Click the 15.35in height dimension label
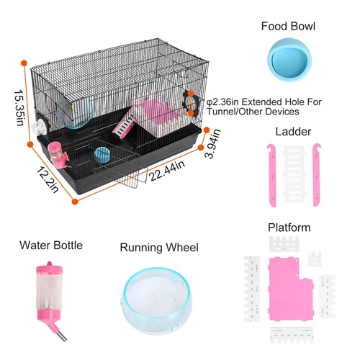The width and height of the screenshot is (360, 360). coord(19,108)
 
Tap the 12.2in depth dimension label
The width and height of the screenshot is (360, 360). coord(48,180)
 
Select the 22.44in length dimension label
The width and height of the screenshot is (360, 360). coord(167,171)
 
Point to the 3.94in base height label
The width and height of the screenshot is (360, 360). coord(212,143)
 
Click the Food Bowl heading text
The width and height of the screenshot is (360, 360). coord(288,26)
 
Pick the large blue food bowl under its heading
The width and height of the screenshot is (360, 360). coord(289,60)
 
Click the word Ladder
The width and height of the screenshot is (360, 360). coord(293,132)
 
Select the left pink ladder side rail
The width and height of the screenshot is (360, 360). coord(272,175)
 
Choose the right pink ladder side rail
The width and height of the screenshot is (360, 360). coord(317,175)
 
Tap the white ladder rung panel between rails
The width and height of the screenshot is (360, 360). coord(294,174)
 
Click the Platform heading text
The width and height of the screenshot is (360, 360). coord(289,228)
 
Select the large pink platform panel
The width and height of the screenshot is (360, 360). coord(289,289)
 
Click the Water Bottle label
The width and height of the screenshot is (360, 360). coord(51,246)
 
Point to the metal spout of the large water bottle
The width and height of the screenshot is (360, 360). coord(61,334)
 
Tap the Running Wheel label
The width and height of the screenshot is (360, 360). coord(159,248)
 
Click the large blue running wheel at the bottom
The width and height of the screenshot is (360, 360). coord(156,300)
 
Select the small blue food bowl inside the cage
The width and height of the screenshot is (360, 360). coord(102,155)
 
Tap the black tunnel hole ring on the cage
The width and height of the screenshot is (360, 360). coord(191,104)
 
